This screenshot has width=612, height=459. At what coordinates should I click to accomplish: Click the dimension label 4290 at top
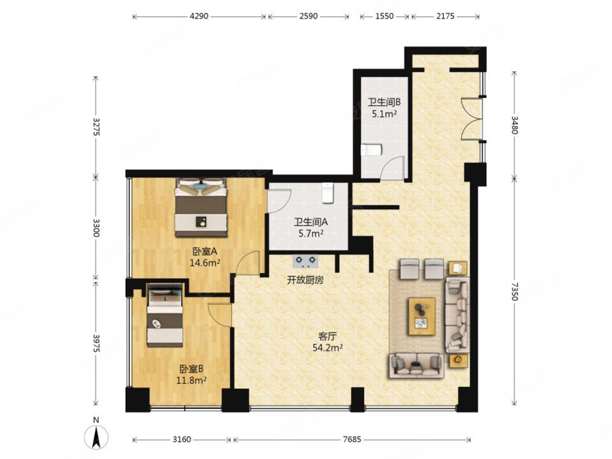pyautogui.click(x=199, y=17)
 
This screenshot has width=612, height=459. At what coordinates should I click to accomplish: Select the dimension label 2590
pyautogui.click(x=308, y=17)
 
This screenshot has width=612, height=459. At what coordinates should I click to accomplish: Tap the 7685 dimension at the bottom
pyautogui.click(x=352, y=439)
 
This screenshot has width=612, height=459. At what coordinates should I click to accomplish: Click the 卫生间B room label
pyautogui.click(x=384, y=102)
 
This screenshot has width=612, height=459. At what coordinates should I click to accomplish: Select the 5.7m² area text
pyautogui.click(x=310, y=234)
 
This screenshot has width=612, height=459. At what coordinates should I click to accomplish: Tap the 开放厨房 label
pyautogui.click(x=304, y=279)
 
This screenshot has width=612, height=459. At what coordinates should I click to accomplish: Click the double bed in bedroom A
pyautogui.click(x=201, y=208)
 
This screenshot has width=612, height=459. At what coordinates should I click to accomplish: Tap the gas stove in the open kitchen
pyautogui.click(x=305, y=260)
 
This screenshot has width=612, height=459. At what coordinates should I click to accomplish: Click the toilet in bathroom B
pyautogui.click(x=370, y=150)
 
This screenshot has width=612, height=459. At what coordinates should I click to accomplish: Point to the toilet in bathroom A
pyautogui.click(x=328, y=193)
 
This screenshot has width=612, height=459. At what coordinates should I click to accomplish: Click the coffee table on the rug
pyautogui.click(x=422, y=315)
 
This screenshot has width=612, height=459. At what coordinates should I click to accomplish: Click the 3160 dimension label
pyautogui.click(x=182, y=439)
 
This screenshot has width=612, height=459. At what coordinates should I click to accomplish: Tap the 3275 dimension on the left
pyautogui.click(x=96, y=126)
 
